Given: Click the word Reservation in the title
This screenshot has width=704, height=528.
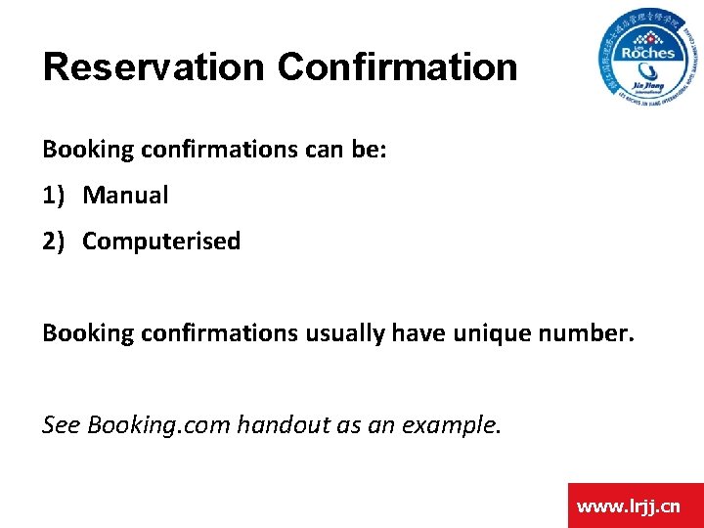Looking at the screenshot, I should pos(154,67).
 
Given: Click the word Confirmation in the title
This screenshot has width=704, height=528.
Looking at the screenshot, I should pos(397,67).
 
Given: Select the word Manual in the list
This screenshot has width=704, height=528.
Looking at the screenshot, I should pos(125,196).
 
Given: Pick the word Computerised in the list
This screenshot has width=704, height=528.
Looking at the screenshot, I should pos(161,242).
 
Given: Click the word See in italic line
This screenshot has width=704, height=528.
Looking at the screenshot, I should pos(62,425).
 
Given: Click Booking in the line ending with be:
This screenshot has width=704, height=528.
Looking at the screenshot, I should pos(87,150).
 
